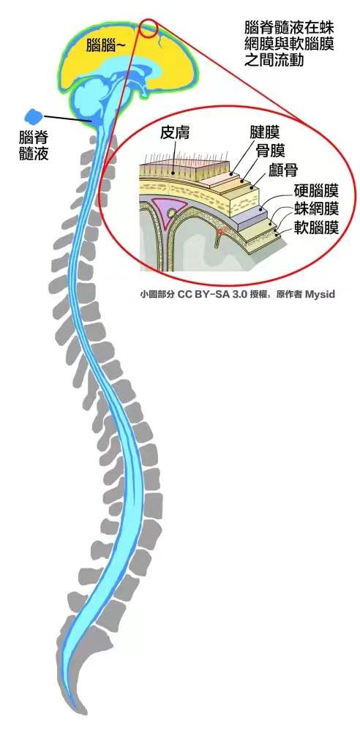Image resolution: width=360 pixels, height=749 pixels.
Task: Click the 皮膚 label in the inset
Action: coord(175,132)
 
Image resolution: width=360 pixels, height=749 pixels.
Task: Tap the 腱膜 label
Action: coord(264,132)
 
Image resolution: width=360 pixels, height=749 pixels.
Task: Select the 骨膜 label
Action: coord(271,151)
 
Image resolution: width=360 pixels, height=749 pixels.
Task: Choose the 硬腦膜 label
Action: coord(316,191)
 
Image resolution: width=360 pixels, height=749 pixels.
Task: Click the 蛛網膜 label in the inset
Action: coord(316,208)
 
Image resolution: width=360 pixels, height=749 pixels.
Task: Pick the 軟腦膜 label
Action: coord(316,227)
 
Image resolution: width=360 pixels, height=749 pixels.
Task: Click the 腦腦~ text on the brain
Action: coord(105,46)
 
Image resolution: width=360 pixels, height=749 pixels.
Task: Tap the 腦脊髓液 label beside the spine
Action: coord(34,145)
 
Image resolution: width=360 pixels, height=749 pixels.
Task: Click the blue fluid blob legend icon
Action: coord(34,116)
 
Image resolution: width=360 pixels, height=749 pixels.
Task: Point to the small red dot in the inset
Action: coord(220,231)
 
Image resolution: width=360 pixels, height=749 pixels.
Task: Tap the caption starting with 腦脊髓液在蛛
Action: coord(289,43)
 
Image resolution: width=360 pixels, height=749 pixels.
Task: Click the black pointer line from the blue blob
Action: coord(68,118)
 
